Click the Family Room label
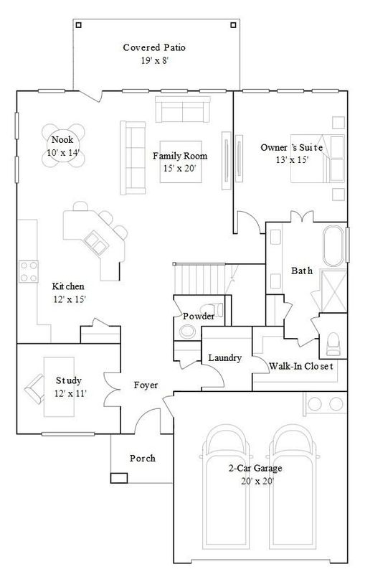179,156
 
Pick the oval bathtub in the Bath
333,253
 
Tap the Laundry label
224,358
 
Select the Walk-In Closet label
302,366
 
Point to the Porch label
142,459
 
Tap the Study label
68,380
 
